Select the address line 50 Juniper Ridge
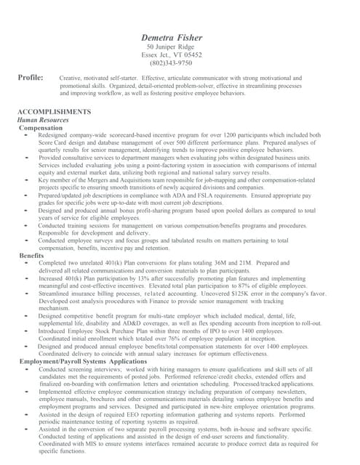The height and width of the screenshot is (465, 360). pyautogui.click(x=171, y=46)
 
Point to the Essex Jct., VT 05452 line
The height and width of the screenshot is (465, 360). pyautogui.click(x=171, y=54)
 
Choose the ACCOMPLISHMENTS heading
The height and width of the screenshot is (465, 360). pyautogui.click(x=54, y=111)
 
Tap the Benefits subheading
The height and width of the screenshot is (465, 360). pyautogui.click(x=32, y=256)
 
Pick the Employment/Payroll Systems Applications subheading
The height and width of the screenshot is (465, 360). pyautogui.click(x=83, y=361)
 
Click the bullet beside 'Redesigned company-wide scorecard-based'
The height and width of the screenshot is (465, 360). pyautogui.click(x=27, y=135)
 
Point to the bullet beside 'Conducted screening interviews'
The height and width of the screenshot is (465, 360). pyautogui.click(x=27, y=369)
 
